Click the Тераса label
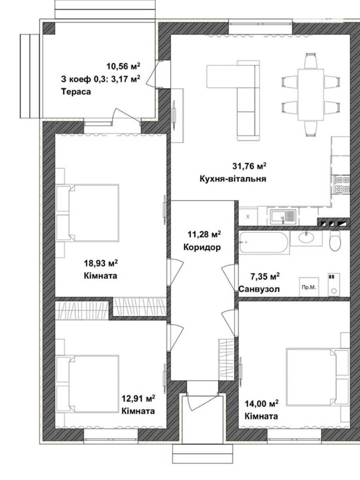coord(76,92)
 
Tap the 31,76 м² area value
coord(249,166)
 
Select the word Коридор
coord(202,247)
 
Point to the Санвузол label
coord(259,289)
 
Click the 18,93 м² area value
coord(101,263)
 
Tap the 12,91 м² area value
coord(138,398)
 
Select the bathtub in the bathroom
coord(264,242)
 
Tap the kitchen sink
coord(283,217)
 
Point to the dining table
coord(311,95)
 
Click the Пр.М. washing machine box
coord(309,287)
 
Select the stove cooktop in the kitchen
coord(341,184)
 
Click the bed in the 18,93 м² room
coord(88,213)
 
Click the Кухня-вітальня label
coord(233,179)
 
